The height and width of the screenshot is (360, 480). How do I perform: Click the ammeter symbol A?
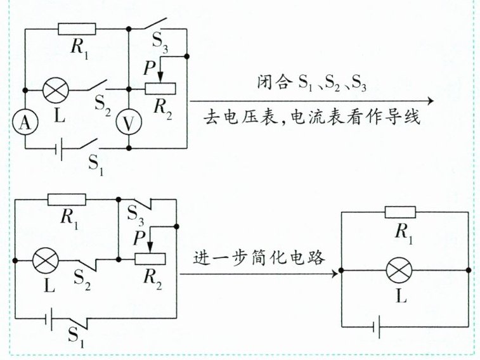25,124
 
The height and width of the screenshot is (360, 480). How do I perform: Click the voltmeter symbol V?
129,124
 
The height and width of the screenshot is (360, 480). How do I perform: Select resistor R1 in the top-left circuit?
77,29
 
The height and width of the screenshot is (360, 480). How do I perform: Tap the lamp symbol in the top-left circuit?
56,89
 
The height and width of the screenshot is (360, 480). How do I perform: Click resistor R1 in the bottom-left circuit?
67,199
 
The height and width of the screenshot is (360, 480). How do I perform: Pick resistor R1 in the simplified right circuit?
400,212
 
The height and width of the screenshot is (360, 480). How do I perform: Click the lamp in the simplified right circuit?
399,271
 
